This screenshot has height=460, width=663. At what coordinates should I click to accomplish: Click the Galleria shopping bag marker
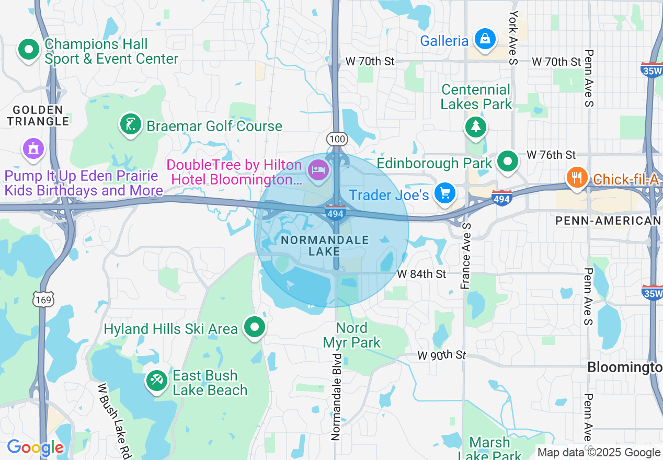485,39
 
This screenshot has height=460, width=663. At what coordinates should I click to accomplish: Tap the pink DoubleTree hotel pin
318,170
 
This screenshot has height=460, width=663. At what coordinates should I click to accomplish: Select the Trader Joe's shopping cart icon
445,194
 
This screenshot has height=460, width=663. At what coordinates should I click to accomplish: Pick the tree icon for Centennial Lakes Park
475,127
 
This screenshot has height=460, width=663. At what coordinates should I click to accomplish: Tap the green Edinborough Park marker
507,162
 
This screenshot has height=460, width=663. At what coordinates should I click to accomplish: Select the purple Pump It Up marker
33,148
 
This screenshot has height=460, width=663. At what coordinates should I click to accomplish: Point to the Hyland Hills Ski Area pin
255,327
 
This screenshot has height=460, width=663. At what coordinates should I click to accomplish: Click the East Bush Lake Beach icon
156,380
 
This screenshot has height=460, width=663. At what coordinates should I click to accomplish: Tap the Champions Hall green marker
29,50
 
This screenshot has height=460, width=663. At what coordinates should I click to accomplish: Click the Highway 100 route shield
337,139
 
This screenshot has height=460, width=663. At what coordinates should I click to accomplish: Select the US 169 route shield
41,299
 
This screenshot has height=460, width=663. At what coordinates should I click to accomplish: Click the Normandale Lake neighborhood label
324,246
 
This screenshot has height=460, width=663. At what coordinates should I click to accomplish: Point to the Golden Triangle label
38,116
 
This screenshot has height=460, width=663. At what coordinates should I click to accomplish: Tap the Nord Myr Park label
352,335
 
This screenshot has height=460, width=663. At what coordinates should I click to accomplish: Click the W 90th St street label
441,355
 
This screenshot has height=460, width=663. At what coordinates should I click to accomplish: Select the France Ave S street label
465,256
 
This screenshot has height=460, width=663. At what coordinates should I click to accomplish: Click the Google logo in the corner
36,448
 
